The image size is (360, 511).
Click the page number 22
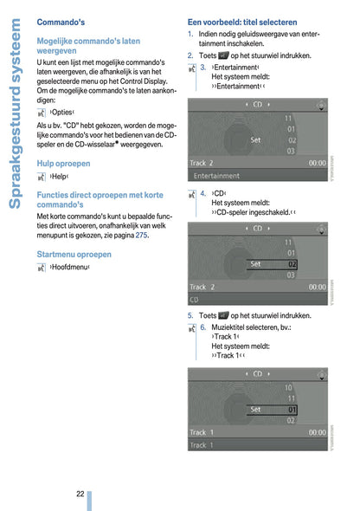click(x=80, y=493)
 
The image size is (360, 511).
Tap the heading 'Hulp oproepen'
click(x=67, y=162)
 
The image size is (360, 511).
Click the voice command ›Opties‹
click(x=62, y=112)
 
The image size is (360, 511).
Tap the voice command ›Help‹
click(x=59, y=176)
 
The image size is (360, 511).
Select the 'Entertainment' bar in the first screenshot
click(x=217, y=174)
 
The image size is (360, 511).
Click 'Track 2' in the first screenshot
click(x=202, y=162)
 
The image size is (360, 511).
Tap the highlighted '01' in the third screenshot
click(x=292, y=409)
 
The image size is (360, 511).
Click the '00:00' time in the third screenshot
click(x=317, y=431)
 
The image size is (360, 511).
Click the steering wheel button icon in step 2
click(x=224, y=55)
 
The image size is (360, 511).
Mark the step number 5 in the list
click(x=190, y=316)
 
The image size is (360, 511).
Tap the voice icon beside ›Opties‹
click(x=42, y=112)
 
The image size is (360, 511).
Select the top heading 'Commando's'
click(x=61, y=21)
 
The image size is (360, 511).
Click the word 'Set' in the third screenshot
click(x=256, y=409)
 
